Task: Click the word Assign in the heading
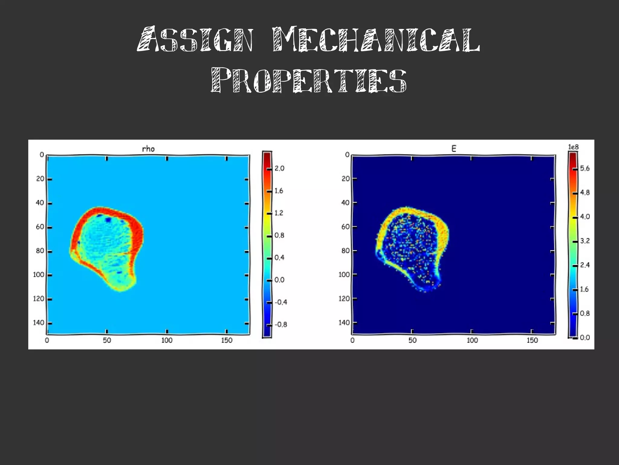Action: [195, 40]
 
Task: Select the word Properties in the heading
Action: [309, 80]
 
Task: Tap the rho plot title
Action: [148, 149]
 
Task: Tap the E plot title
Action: [454, 149]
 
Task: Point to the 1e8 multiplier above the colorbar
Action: [573, 147]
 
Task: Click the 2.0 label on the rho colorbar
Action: [280, 169]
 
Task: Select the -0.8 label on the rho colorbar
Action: [281, 325]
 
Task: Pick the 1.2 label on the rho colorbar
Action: [279, 213]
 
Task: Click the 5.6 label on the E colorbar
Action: [585, 169]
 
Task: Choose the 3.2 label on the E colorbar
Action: [585, 241]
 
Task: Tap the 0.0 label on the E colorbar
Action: [585, 338]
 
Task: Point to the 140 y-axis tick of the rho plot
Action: [39, 323]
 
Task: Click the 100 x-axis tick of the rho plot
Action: [167, 340]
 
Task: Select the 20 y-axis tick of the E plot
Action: [345, 178]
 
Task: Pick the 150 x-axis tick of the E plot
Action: [532, 340]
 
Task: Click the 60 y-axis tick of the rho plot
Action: [40, 227]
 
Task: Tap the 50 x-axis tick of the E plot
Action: [412, 340]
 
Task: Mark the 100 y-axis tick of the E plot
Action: [344, 274]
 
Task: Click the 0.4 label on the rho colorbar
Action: [280, 257]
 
